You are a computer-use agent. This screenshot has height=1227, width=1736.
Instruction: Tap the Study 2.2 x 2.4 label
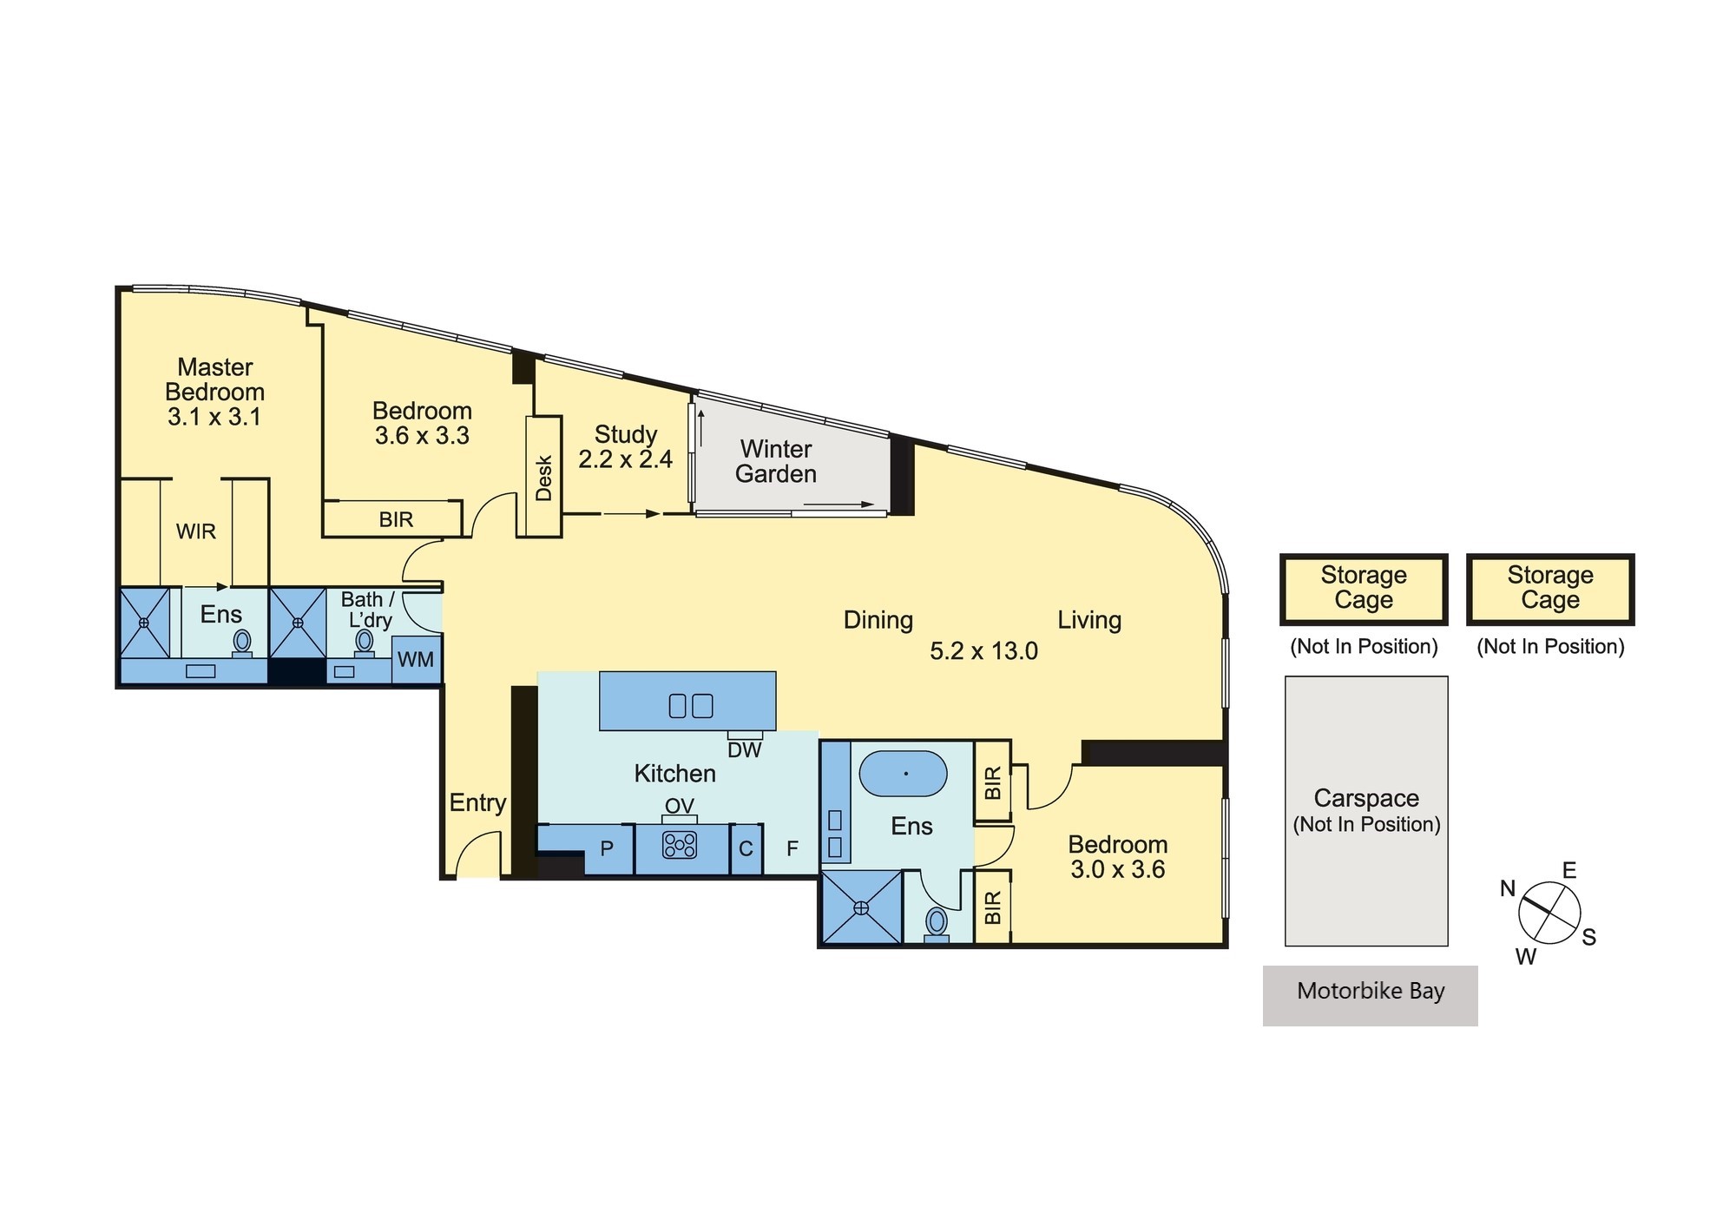click(626, 446)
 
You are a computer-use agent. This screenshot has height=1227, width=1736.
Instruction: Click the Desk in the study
click(544, 478)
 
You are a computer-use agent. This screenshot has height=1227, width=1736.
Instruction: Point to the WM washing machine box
click(417, 659)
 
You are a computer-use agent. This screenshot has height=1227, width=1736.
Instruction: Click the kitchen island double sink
click(691, 705)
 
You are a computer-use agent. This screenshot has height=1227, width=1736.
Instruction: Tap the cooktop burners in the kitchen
click(680, 845)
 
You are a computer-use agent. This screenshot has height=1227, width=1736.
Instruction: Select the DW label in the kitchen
click(745, 750)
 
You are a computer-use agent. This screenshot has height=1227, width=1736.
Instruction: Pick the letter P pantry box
click(607, 848)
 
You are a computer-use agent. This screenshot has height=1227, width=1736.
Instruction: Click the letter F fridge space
click(792, 848)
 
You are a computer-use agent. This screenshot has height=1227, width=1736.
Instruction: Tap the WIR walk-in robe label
click(196, 531)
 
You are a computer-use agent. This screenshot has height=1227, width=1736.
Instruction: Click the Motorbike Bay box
click(1370, 995)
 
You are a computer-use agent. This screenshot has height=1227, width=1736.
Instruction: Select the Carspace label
click(1366, 798)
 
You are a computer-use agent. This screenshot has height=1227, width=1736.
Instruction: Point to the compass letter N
click(1508, 888)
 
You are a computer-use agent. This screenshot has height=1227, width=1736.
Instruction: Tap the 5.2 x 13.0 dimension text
click(983, 651)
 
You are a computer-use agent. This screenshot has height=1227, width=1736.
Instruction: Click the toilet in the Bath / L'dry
click(365, 643)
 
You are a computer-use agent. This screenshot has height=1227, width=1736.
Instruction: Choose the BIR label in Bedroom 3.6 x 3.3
click(396, 520)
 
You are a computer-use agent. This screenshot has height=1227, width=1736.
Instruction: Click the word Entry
click(477, 803)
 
